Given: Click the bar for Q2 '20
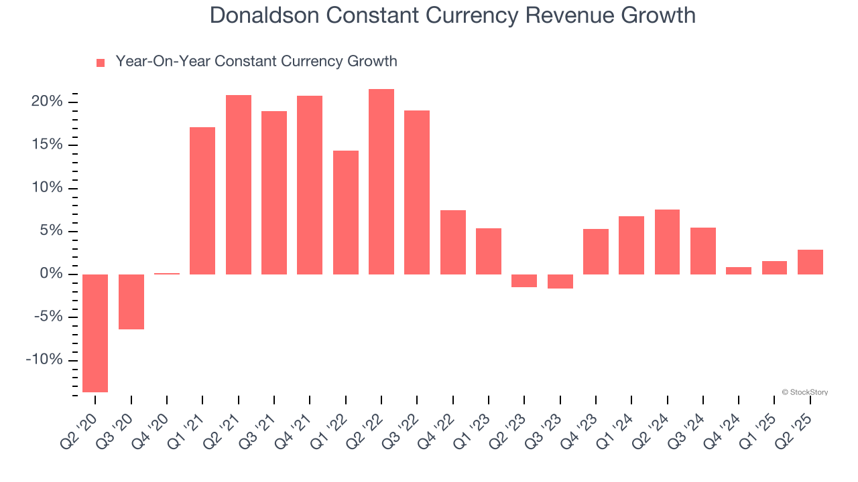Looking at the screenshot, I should pyautogui.click(x=95, y=333).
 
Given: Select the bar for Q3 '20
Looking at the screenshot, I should pyautogui.click(x=131, y=301).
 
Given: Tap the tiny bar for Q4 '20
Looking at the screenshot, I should pyautogui.click(x=167, y=273).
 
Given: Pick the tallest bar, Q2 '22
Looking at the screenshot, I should pyautogui.click(x=381, y=181).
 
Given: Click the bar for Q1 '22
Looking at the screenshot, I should pyautogui.click(x=346, y=212).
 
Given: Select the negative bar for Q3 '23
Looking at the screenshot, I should pyautogui.click(x=560, y=281).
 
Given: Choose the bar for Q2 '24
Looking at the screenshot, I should pyautogui.click(x=668, y=242).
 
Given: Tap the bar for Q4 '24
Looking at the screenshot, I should pyautogui.click(x=739, y=270).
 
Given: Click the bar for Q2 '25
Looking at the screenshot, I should pyautogui.click(x=810, y=262).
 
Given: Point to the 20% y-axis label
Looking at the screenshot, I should pyautogui.click(x=46, y=102).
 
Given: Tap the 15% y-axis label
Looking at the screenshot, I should pyautogui.click(x=46, y=145).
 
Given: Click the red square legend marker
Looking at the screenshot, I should pyautogui.click(x=101, y=63).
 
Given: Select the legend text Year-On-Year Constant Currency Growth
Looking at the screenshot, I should pyautogui.click(x=256, y=62).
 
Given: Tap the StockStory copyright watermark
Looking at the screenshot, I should pyautogui.click(x=804, y=392).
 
